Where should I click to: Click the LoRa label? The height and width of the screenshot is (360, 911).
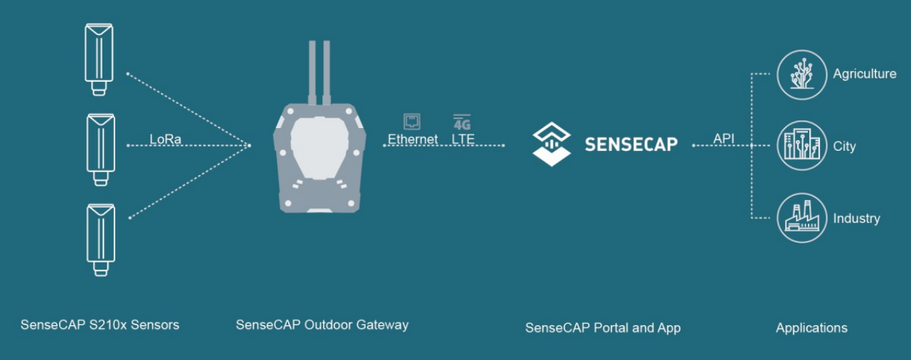click(x=166, y=139)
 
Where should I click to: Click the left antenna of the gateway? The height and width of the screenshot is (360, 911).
click(x=312, y=71)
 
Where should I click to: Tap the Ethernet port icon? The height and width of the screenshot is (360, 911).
click(x=411, y=122)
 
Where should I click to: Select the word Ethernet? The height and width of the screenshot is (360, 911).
click(x=413, y=139)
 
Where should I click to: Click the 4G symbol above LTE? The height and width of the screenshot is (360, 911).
click(x=462, y=122)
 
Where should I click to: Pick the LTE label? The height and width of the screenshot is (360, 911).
click(x=463, y=139)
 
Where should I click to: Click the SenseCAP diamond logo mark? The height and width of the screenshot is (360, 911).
click(x=552, y=144)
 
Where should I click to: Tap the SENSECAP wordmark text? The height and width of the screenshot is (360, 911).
click(x=631, y=144)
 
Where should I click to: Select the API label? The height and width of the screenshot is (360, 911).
click(x=723, y=139)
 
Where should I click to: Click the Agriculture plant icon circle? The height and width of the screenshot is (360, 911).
click(x=801, y=74)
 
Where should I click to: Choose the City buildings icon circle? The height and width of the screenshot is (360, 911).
click(x=801, y=146)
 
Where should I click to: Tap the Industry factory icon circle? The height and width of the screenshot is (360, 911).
click(x=801, y=218)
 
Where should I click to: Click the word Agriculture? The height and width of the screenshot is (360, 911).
click(x=865, y=74)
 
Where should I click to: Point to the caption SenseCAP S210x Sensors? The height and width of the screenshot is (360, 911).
click(x=100, y=325)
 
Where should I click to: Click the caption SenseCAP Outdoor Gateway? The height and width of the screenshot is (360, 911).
click(x=322, y=325)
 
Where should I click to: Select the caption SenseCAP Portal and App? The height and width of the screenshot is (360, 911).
click(x=603, y=328)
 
